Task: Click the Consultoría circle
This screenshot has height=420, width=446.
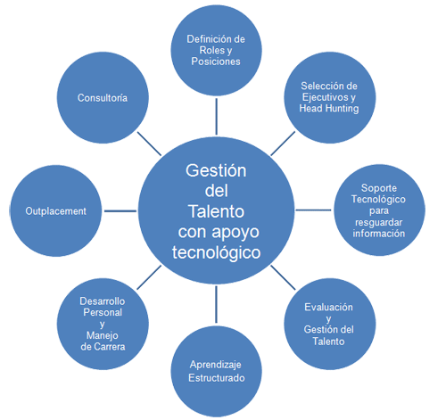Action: click(103, 97)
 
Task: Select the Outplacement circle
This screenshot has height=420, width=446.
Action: click(56, 210)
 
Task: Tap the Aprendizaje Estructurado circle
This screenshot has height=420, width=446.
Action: click(216, 371)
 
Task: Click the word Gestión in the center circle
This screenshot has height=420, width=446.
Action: click(216, 170)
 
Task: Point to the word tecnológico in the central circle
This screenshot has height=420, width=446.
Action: click(216, 252)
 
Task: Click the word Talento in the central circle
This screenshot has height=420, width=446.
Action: click(216, 211)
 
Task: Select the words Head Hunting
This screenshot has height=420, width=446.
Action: click(329, 109)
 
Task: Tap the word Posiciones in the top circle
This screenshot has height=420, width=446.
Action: click(216, 62)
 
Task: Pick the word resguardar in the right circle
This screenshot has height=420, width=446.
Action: click(378, 222)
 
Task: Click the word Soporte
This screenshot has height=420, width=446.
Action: click(379, 188)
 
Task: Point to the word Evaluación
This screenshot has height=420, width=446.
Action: click(328, 307)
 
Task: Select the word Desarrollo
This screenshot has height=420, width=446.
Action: click(103, 301)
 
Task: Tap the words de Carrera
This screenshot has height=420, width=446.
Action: click(103, 347)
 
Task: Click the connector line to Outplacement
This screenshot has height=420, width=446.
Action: click(120, 211)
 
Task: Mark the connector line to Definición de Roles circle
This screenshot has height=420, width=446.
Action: click(216, 117)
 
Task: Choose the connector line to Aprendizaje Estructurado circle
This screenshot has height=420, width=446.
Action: click(216, 304)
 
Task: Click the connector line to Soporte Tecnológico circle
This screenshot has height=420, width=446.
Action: click(313, 210)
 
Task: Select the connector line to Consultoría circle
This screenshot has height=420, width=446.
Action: click(149, 144)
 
